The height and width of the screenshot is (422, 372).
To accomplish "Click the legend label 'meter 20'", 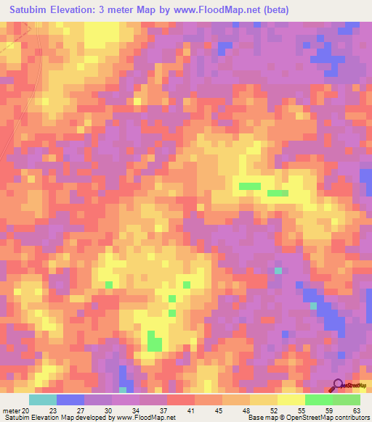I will (15, 410).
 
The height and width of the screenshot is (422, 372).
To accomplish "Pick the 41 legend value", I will (190, 410).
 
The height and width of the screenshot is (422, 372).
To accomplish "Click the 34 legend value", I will (135, 410).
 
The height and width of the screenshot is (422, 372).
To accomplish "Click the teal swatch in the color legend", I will (43, 400).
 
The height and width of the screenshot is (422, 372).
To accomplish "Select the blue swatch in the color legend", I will (70, 400).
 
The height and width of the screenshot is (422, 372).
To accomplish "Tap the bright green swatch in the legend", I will (318, 400).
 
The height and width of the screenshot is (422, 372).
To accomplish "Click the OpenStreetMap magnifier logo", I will (338, 386).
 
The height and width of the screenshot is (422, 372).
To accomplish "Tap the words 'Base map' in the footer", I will (260, 418).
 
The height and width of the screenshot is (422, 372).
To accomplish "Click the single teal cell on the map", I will (278, 271).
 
